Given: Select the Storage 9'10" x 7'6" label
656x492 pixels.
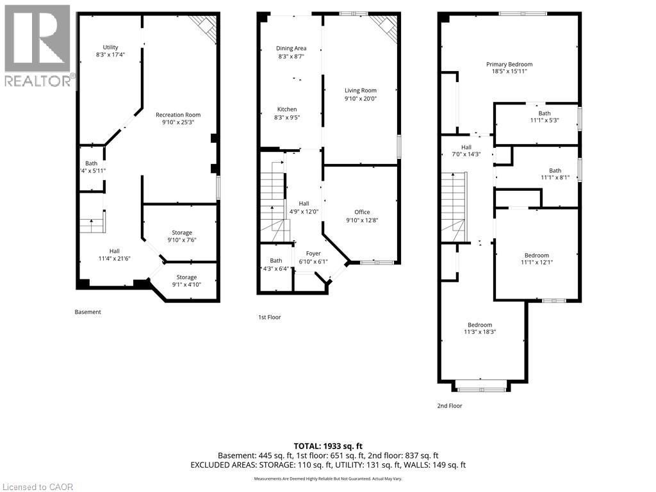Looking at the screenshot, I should pyautogui.click(x=181, y=236).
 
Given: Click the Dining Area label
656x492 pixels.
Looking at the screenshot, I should pyautogui.click(x=291, y=53).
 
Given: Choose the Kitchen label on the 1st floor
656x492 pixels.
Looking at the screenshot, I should pyautogui.click(x=286, y=113).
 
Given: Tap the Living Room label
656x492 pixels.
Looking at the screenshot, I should pyautogui.click(x=360, y=95).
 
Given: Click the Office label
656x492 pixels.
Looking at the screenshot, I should pyautogui.click(x=362, y=217).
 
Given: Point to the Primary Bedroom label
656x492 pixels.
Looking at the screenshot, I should pyautogui.click(x=509, y=68).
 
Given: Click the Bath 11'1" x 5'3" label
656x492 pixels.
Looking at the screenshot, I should pyautogui.click(x=545, y=117).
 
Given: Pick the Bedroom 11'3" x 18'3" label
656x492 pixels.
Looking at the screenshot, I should pyautogui.click(x=479, y=328).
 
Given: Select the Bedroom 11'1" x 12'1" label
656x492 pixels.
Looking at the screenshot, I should pyautogui.click(x=536, y=259).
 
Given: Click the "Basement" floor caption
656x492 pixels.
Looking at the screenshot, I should pyautogui.click(x=88, y=312).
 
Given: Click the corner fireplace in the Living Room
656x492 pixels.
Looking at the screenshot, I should pyautogui.click(x=386, y=28).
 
